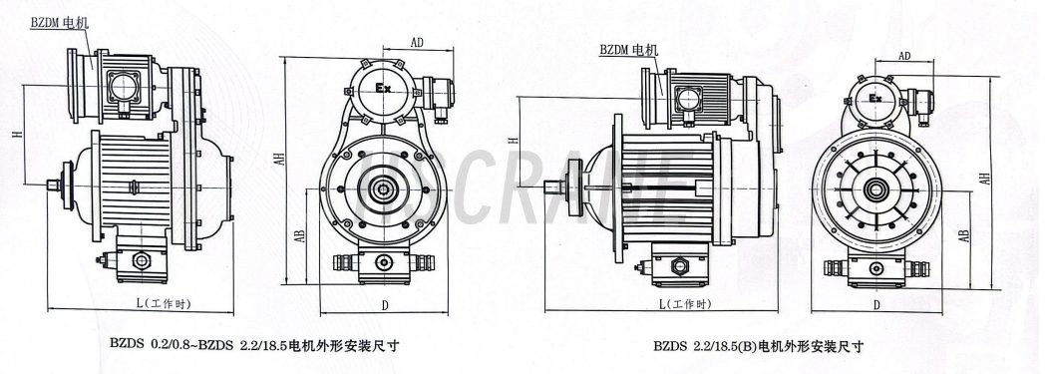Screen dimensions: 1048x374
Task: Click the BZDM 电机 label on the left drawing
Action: click(59, 23)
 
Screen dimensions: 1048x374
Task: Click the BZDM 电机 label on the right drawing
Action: click(628, 50)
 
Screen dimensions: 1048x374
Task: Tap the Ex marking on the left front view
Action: click(383, 88)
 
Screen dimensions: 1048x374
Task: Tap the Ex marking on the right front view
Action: click(874, 99)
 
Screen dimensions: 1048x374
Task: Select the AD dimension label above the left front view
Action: click(417, 43)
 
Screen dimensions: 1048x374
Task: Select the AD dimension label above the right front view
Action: click(904, 56)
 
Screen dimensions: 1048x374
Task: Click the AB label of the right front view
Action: click(963, 235)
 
